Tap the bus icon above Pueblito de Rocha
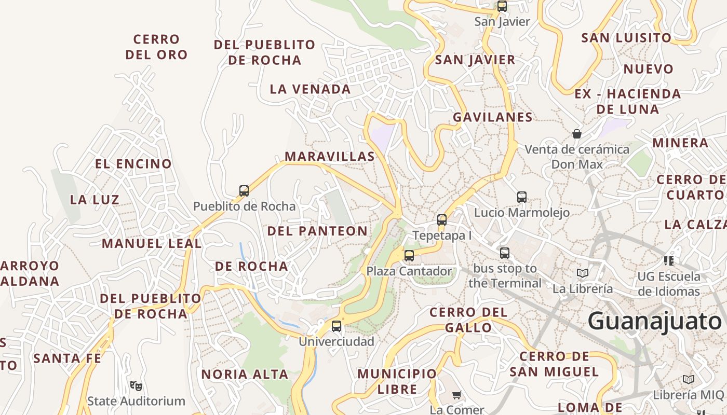coord(244,190)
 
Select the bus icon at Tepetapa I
coord(442,219)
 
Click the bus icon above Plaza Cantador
coord(409,255)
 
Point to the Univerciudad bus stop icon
coord(336,326)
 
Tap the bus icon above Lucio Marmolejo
coord(522,197)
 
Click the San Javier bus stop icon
coord(502,6)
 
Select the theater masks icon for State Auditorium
coord(136,385)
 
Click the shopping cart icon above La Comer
coord(457,395)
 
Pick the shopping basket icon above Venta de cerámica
coord(577,134)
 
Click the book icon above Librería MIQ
coord(689,379)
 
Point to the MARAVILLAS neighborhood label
coord(330,156)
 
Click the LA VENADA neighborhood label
coord(311,89)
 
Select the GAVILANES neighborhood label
coord(493,117)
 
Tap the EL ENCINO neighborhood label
coord(133,164)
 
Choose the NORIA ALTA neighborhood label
coord(245,374)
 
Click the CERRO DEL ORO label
coord(156,47)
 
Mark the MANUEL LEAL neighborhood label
coord(152,243)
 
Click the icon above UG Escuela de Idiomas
coord(669,260)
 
